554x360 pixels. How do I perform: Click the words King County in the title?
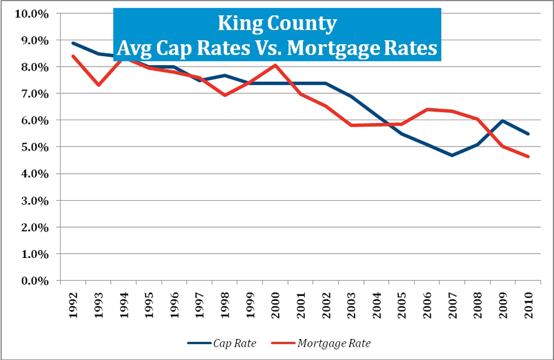point(277,24)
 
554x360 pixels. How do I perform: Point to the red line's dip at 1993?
point(99,85)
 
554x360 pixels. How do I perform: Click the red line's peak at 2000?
point(275,65)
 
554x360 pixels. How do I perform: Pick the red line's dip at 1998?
point(225,95)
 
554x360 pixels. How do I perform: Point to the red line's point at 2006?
point(427,109)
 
